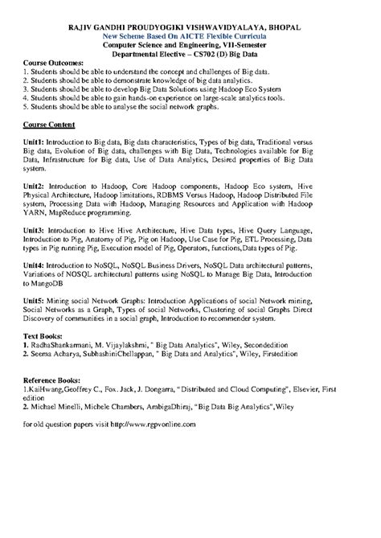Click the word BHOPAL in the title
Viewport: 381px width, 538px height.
click(x=281, y=28)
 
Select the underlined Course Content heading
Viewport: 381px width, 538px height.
click(x=49, y=126)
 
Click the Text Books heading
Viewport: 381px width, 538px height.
click(x=46, y=335)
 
